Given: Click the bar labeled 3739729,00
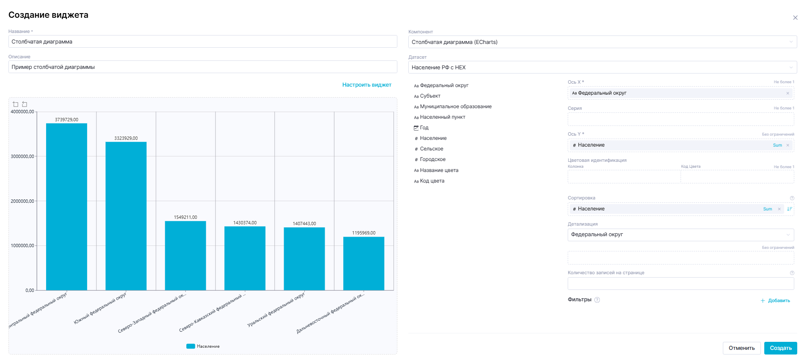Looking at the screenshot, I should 66,207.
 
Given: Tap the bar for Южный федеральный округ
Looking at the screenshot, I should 126,216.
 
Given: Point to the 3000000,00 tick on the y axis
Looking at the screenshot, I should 22,156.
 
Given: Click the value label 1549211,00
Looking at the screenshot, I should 186,217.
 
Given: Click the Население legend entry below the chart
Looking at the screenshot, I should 203,346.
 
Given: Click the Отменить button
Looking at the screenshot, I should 741,348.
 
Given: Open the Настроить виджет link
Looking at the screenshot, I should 366,85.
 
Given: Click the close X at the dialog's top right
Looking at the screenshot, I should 795,18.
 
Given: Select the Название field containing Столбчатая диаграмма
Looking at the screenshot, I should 202,41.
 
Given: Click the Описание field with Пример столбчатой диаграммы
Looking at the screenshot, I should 202,67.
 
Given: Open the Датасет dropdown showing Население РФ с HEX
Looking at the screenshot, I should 602,67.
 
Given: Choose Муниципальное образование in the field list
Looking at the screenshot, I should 455,106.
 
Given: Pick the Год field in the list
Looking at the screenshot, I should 424,128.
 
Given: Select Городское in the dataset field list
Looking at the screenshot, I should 432,159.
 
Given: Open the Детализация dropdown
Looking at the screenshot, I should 680,235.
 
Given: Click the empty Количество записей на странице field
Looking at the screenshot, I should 680,283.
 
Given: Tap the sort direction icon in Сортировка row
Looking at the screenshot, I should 789,209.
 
